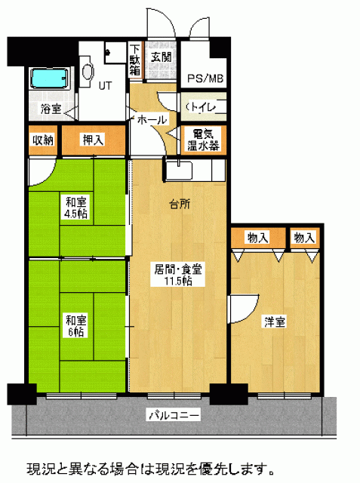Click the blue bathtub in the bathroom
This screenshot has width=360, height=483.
50,78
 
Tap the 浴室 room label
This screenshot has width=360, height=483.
51,109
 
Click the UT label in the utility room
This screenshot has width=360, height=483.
105,86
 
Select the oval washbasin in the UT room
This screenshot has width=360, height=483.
88,72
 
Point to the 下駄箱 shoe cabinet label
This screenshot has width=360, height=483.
134,60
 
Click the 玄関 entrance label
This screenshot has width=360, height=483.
161,57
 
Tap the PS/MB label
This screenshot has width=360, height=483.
205,78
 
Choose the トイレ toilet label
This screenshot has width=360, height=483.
202,107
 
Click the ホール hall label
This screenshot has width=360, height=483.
152,119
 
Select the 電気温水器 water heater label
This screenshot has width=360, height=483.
203,140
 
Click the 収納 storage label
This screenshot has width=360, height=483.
43,140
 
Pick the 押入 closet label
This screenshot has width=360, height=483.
93,140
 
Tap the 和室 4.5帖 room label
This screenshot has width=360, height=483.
75,208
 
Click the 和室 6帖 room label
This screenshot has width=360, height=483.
75,325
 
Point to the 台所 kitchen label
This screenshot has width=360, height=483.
180,204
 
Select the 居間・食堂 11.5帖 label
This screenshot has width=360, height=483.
178,275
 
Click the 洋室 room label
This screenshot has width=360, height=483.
275,321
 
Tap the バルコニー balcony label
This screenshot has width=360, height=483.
174,415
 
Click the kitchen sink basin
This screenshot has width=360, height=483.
179,171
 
